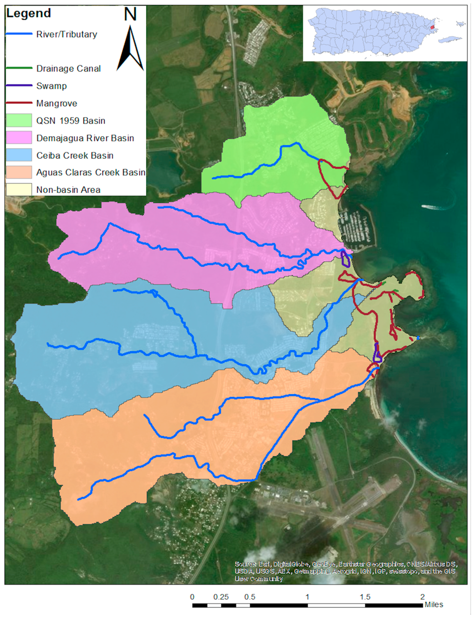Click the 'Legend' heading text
28,13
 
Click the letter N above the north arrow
130,14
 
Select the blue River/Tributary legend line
19,34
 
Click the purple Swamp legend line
19,85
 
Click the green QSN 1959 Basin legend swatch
19,121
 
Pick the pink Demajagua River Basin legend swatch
19,138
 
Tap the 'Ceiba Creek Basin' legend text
75,155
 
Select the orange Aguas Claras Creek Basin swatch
19,172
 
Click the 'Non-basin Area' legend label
68,190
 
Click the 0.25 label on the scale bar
221,597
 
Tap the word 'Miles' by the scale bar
434,605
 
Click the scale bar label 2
422,597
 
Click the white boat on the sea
430,207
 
